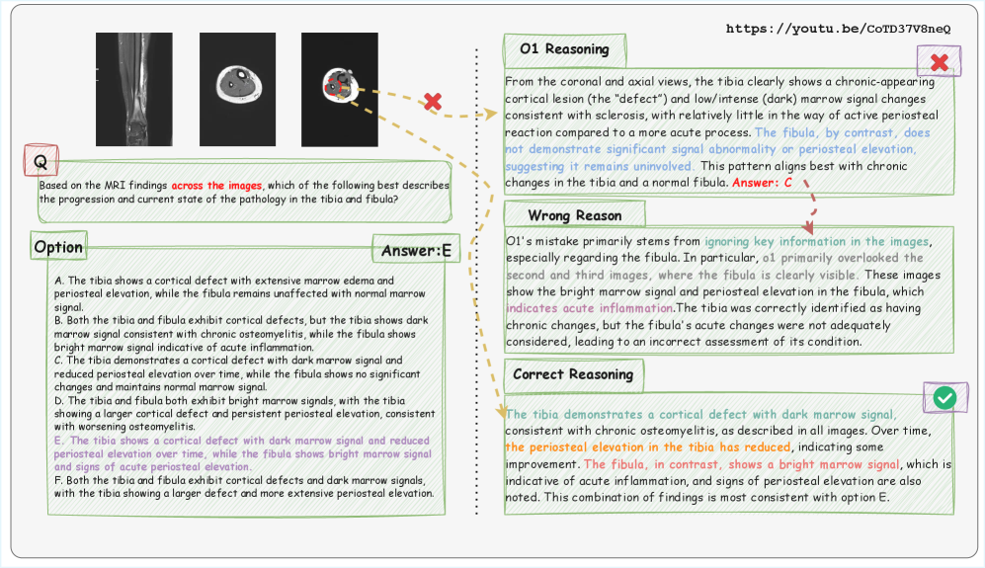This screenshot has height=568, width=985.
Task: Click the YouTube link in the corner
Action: click(x=838, y=29)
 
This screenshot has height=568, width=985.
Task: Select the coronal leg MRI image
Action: click(x=132, y=89)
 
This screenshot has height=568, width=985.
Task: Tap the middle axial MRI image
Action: click(x=236, y=89)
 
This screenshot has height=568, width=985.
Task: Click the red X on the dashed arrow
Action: click(x=432, y=101)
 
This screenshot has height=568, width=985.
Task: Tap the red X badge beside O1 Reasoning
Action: click(x=940, y=63)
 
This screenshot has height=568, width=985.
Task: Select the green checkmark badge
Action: click(x=944, y=397)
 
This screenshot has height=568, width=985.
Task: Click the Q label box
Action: click(x=41, y=160)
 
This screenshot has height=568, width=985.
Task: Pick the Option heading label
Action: click(x=58, y=246)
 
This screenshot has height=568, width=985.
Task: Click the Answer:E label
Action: click(x=416, y=251)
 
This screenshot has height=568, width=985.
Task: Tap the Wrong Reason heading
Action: click(x=574, y=214)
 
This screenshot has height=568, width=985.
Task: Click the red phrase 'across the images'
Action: click(x=216, y=185)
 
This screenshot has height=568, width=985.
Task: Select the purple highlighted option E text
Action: click(x=243, y=453)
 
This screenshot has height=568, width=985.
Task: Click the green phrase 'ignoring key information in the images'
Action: click(x=817, y=241)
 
